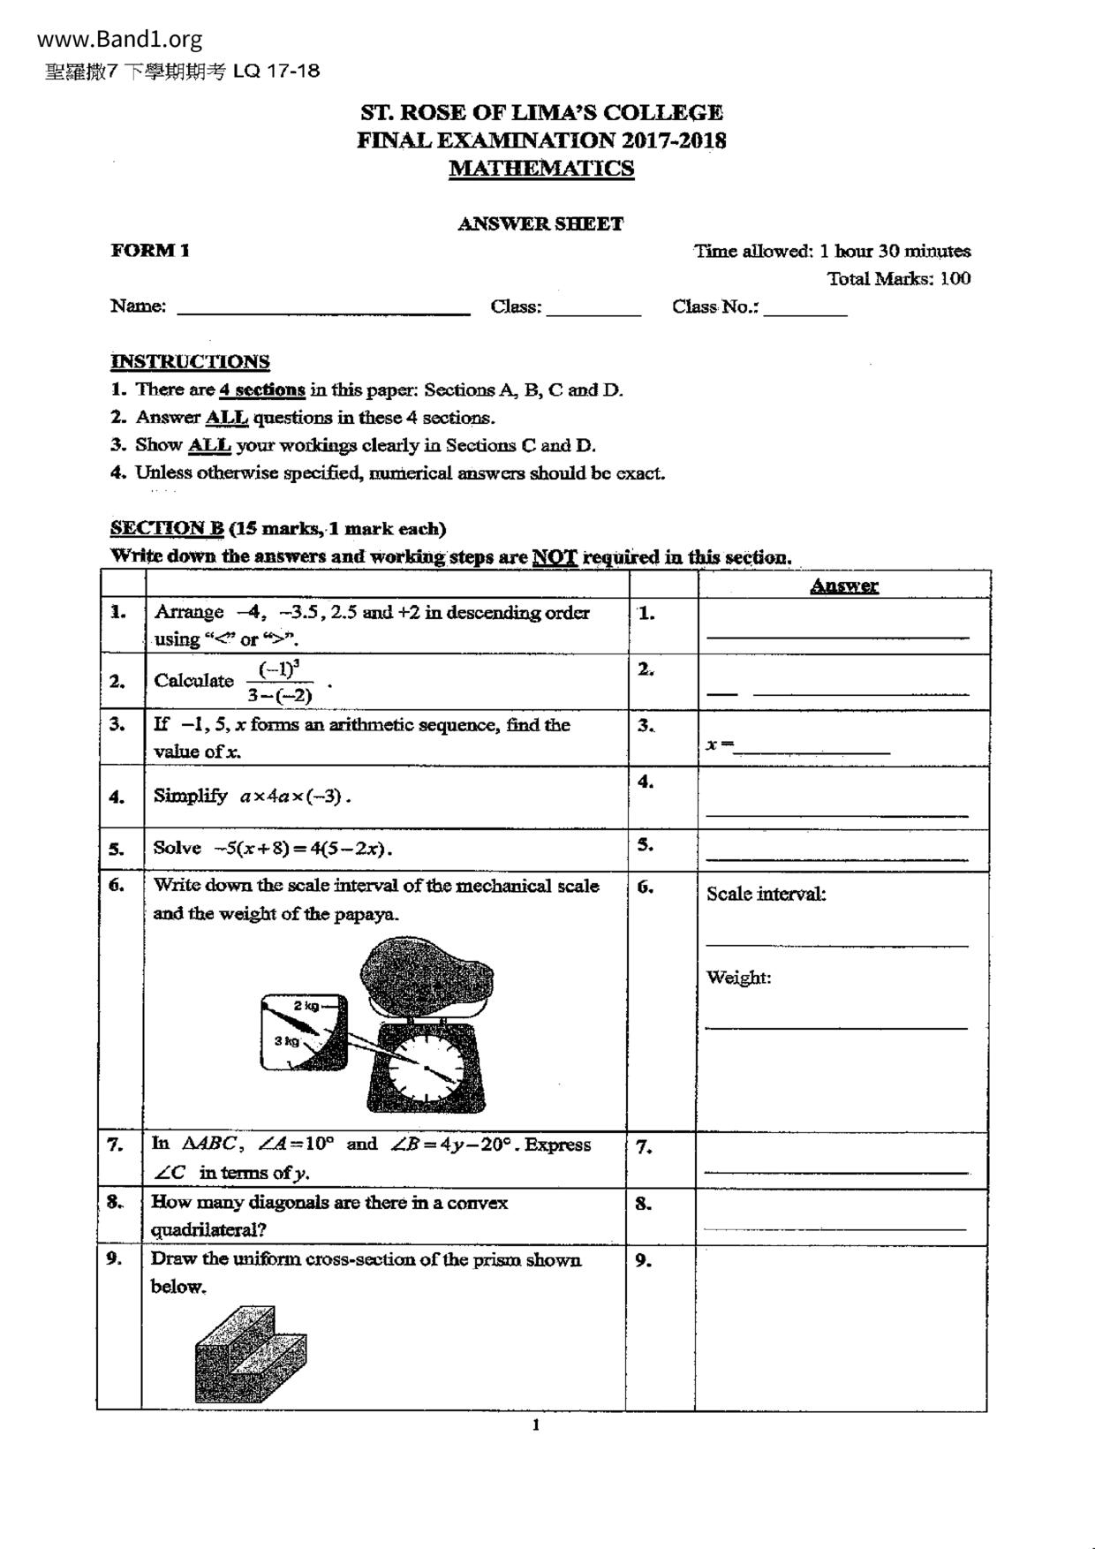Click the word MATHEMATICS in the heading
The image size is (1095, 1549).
540,169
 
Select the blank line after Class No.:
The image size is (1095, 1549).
805,312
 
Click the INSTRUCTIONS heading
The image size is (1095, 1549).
190,362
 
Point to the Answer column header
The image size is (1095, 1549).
843,586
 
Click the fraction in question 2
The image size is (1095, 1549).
280,682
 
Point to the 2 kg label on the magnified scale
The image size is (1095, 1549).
306,1006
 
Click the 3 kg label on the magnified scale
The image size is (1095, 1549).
286,1041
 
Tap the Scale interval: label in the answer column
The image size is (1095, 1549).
766,894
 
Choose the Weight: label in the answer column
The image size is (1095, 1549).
738,978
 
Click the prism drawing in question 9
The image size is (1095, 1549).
251,1355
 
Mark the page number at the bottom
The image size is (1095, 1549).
535,1424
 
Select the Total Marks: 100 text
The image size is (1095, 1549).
898,279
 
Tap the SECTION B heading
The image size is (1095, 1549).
167,529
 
